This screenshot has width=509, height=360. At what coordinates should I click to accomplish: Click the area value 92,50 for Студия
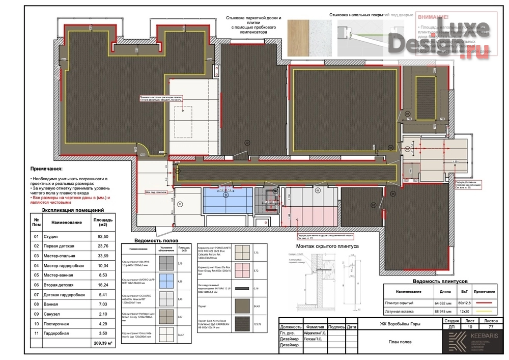[99, 236]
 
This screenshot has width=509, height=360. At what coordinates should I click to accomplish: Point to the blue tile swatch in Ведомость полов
[166, 281]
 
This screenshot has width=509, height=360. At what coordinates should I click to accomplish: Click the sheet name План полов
[400, 342]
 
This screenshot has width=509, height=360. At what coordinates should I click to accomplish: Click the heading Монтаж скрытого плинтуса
[324, 245]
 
